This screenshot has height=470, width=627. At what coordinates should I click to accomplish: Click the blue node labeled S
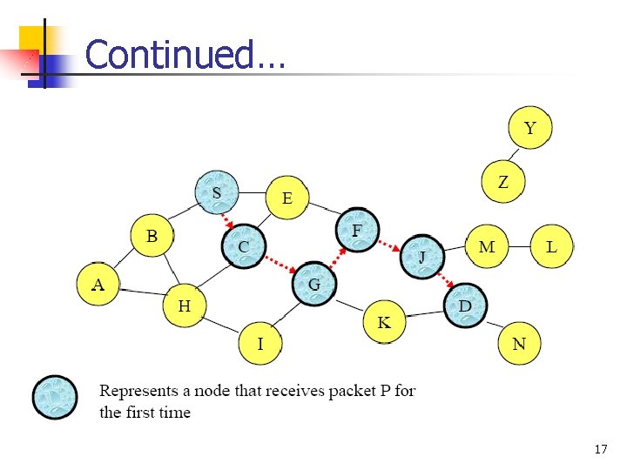click(217, 193)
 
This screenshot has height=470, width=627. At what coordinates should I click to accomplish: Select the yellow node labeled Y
click(529, 129)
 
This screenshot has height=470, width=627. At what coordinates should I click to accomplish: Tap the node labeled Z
click(503, 182)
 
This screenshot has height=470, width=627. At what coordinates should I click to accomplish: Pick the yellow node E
click(287, 198)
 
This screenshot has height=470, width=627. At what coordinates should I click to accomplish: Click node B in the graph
click(152, 236)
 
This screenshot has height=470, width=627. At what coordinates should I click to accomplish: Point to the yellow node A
click(98, 285)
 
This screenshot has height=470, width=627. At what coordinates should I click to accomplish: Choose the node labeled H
click(185, 305)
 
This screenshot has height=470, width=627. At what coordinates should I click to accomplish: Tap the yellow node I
click(260, 344)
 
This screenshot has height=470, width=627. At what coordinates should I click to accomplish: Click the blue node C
click(244, 247)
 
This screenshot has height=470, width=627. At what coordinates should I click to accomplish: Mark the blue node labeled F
click(356, 231)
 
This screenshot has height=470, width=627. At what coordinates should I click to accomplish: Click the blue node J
click(421, 257)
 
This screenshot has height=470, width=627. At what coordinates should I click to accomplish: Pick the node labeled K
click(384, 323)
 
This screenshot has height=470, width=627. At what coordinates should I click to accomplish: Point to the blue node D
click(465, 305)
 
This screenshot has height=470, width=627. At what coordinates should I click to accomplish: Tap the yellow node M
click(486, 247)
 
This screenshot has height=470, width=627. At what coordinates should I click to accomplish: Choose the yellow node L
click(551, 247)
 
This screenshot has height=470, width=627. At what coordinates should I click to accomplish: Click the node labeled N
click(519, 344)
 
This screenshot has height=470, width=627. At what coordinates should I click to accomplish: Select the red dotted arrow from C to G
click(279, 265)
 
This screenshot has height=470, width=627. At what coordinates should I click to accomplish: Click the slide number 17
click(600, 450)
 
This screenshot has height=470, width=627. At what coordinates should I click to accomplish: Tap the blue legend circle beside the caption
click(54, 399)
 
